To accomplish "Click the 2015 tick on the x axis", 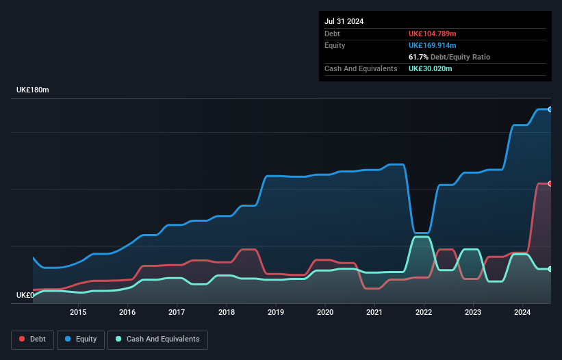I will tap(78, 313).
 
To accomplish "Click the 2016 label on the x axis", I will tap(127, 313).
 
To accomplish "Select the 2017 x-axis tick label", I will tap(177, 313).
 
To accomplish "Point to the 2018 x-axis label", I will tap(227, 313).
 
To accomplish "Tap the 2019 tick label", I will tap(276, 313).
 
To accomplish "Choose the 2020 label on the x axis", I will tap(325, 313).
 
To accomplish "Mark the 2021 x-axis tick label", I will tap(374, 313).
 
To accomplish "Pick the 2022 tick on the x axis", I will tap(424, 313).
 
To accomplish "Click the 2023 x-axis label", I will tap(473, 313).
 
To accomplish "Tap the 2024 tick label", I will tap(523, 313).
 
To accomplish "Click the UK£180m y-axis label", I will tap(33, 90).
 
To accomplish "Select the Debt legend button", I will tap(31, 339).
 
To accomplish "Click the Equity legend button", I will tap(80, 339).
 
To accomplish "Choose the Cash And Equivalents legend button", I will tap(157, 339).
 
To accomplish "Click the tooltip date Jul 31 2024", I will tap(344, 21).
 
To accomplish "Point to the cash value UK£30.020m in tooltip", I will tap(431, 68).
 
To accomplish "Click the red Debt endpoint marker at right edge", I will tap(550, 183).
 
